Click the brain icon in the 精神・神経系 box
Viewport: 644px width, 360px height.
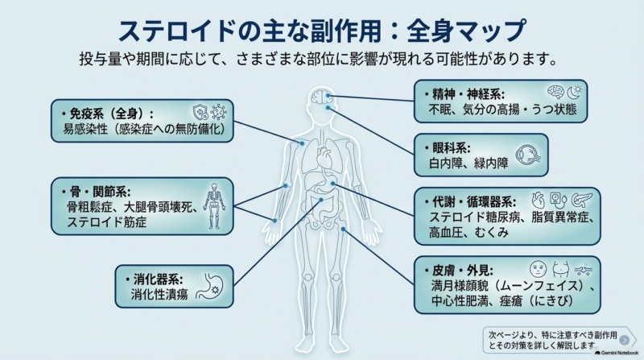coord(555,92)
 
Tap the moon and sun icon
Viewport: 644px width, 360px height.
coord(575,92)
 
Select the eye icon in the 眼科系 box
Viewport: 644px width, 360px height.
coord(528,155)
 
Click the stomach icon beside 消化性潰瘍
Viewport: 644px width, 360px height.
coord(210,286)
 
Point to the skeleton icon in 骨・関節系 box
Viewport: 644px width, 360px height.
coord(214,206)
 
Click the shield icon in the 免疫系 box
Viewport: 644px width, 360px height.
coord(200,111)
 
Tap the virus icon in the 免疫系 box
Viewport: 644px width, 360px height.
coord(218,111)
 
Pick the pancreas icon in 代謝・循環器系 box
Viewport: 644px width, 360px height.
coord(582,201)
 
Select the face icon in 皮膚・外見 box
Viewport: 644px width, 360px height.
coord(538,269)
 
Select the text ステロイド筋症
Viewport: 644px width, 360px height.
coord(107,222)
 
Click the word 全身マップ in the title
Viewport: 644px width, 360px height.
coord(466,31)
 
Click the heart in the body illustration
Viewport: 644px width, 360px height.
coord(324,157)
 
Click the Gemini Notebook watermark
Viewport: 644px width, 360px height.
coord(617,353)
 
